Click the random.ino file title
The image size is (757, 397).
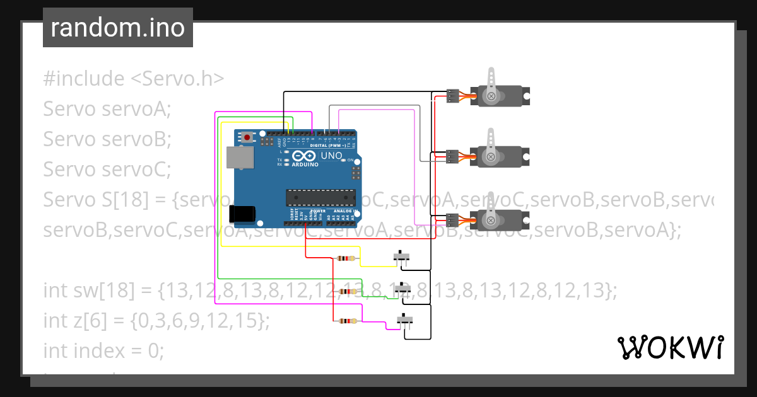click(x=118, y=28)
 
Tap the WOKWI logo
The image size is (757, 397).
click(x=670, y=347)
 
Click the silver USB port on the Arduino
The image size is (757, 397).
click(x=239, y=157)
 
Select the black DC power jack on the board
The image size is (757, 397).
click(x=243, y=214)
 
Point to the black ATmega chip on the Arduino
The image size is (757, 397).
click(x=318, y=197)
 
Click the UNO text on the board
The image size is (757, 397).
click(x=331, y=156)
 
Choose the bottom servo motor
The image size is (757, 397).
click(x=502, y=219)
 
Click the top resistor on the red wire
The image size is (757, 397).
click(x=346, y=258)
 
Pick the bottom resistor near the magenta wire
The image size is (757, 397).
click(x=346, y=321)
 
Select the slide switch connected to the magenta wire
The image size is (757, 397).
click(x=404, y=321)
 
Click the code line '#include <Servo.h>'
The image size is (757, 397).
click(x=133, y=79)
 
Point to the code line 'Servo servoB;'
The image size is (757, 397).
click(x=107, y=139)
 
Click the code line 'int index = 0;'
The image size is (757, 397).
click(x=103, y=350)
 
